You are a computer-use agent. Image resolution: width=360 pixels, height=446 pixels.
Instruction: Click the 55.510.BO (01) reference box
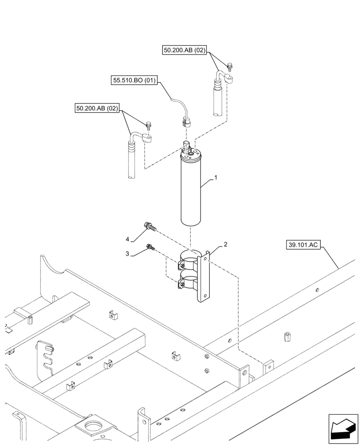tap(134, 81)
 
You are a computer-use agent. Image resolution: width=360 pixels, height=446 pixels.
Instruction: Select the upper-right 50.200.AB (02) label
tap(184, 51)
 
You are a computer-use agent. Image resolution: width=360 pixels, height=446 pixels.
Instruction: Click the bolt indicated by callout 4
tap(149, 227)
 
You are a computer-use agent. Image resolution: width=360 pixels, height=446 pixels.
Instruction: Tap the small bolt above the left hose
tap(148, 126)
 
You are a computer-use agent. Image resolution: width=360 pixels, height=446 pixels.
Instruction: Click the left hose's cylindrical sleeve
tap(131, 161)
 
